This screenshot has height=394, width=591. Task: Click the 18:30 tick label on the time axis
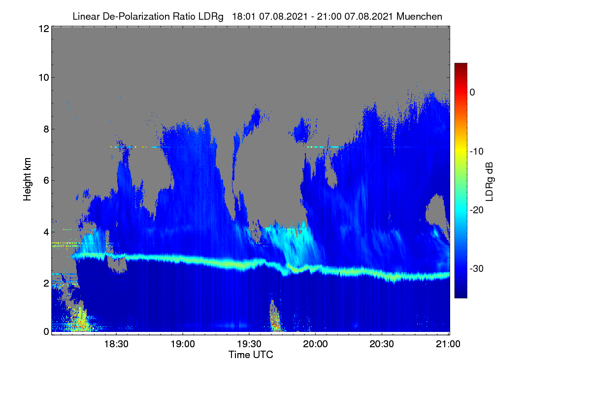point(116,344)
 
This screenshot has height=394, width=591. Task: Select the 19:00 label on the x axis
point(183,344)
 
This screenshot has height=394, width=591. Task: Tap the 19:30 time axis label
point(249,344)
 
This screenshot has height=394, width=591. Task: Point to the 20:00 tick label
point(315,344)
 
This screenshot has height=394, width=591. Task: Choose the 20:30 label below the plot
point(382,344)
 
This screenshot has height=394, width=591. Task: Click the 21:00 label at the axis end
point(448,344)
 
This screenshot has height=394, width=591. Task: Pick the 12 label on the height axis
point(44,29)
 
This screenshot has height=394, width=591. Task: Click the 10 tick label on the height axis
point(44,78)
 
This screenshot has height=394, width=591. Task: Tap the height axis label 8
point(46,130)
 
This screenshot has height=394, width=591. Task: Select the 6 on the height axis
point(46,181)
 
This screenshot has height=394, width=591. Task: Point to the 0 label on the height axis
point(46,332)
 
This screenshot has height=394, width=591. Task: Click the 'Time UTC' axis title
point(251,355)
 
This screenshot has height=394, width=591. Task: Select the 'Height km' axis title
point(27,179)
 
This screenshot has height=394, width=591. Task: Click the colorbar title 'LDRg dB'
point(489,182)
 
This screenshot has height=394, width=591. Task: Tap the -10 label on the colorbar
point(477,152)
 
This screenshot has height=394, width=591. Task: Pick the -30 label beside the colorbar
point(477,268)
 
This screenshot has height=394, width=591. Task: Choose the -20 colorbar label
point(477,210)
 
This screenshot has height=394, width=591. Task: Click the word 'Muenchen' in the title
point(419,16)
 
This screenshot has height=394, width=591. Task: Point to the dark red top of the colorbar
point(460,66)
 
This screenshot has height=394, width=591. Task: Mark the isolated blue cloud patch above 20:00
point(302,131)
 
